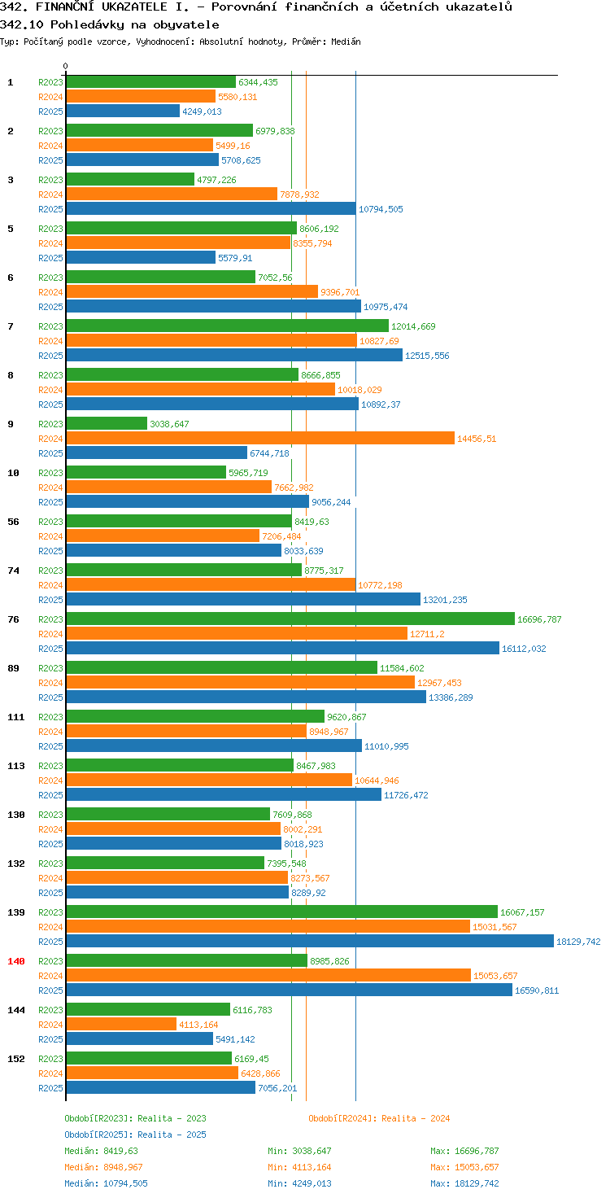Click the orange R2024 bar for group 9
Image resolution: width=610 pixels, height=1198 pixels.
[260, 439]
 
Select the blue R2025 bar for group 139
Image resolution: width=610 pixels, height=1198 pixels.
[310, 942]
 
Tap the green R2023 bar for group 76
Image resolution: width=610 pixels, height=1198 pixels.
[290, 619]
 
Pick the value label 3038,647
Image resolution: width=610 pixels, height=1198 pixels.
[169, 424]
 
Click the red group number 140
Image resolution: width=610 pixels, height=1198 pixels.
[16, 961]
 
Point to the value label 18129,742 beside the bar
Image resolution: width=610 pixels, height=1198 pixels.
[578, 942]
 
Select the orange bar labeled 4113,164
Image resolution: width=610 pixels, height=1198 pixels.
[121, 1024]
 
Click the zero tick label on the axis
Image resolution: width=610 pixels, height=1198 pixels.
[65, 66]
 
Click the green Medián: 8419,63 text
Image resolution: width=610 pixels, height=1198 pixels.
[101, 1151]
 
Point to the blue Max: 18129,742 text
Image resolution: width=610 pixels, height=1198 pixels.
[464, 1183]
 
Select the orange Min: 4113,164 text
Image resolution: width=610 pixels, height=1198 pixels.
[299, 1167]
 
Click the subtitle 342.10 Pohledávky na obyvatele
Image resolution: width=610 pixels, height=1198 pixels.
[110, 24]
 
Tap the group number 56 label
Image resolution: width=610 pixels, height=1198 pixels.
[13, 522]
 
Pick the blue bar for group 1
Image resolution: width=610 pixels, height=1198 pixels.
[123, 111]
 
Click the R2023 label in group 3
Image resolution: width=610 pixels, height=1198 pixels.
[50, 180]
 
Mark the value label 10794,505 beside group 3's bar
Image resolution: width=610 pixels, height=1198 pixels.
[381, 209]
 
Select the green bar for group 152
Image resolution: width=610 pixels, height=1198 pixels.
[149, 1058]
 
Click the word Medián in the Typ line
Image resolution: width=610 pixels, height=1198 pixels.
[346, 42]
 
